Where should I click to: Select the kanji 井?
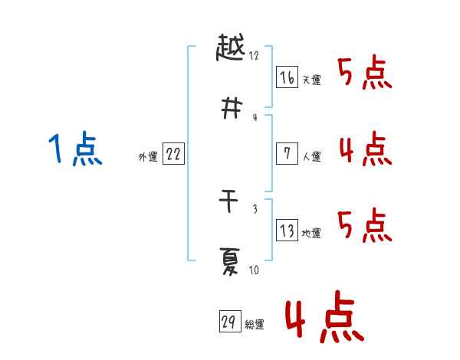[230, 109]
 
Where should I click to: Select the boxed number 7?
[287, 153]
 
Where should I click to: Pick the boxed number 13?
[287, 231]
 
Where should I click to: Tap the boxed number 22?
[174, 154]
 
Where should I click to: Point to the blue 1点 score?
[75, 149]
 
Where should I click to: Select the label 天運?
[312, 80]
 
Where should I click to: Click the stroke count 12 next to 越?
[255, 56]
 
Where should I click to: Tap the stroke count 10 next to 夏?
[254, 270]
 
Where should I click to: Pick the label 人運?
[312, 157]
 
